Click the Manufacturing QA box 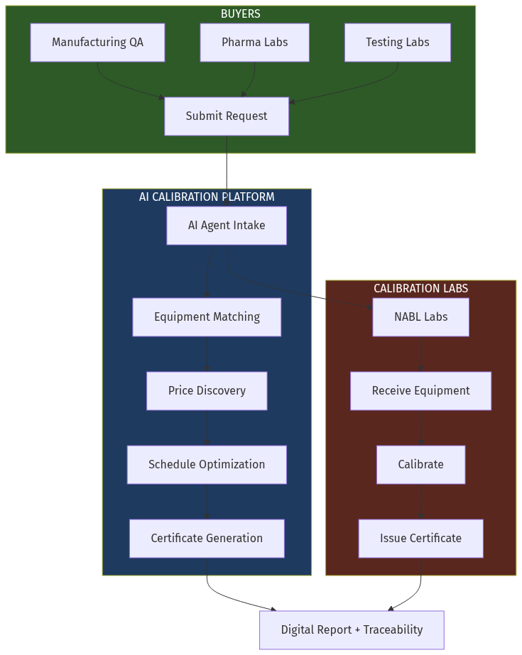97,43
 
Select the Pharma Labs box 254,43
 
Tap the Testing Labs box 397,43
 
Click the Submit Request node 227,116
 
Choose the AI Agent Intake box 227,226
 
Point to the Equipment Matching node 207,317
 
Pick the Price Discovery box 207,391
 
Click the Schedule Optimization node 207,465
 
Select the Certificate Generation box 207,539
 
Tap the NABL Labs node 420,317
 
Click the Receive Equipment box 420,391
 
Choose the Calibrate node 420,465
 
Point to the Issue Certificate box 420,539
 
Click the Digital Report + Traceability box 352,630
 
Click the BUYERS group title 241,14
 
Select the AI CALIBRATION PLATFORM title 207,197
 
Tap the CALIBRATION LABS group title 420,289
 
